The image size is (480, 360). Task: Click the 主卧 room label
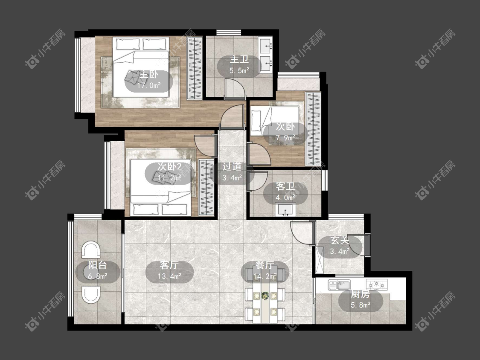tap(149, 75)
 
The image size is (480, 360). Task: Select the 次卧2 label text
tap(169, 166)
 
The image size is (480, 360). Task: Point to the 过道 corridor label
tap(232, 166)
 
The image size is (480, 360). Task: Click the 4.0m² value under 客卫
tap(285, 197)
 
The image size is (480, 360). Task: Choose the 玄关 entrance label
tap(340, 241)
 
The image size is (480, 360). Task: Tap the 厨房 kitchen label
tap(360, 294)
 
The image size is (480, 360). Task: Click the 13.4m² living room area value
tap(169, 276)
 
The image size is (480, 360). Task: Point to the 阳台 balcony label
tap(97, 265)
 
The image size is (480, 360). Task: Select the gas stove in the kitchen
tap(376, 285)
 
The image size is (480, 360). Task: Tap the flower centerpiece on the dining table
tap(265, 296)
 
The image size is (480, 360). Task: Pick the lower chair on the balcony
tap(91, 294)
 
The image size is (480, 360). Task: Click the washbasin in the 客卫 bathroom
tap(286, 210)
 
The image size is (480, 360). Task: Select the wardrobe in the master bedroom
tap(195, 68)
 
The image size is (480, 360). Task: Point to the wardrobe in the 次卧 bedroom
tap(313, 129)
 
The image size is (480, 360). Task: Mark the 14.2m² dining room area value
tap(265, 276)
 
